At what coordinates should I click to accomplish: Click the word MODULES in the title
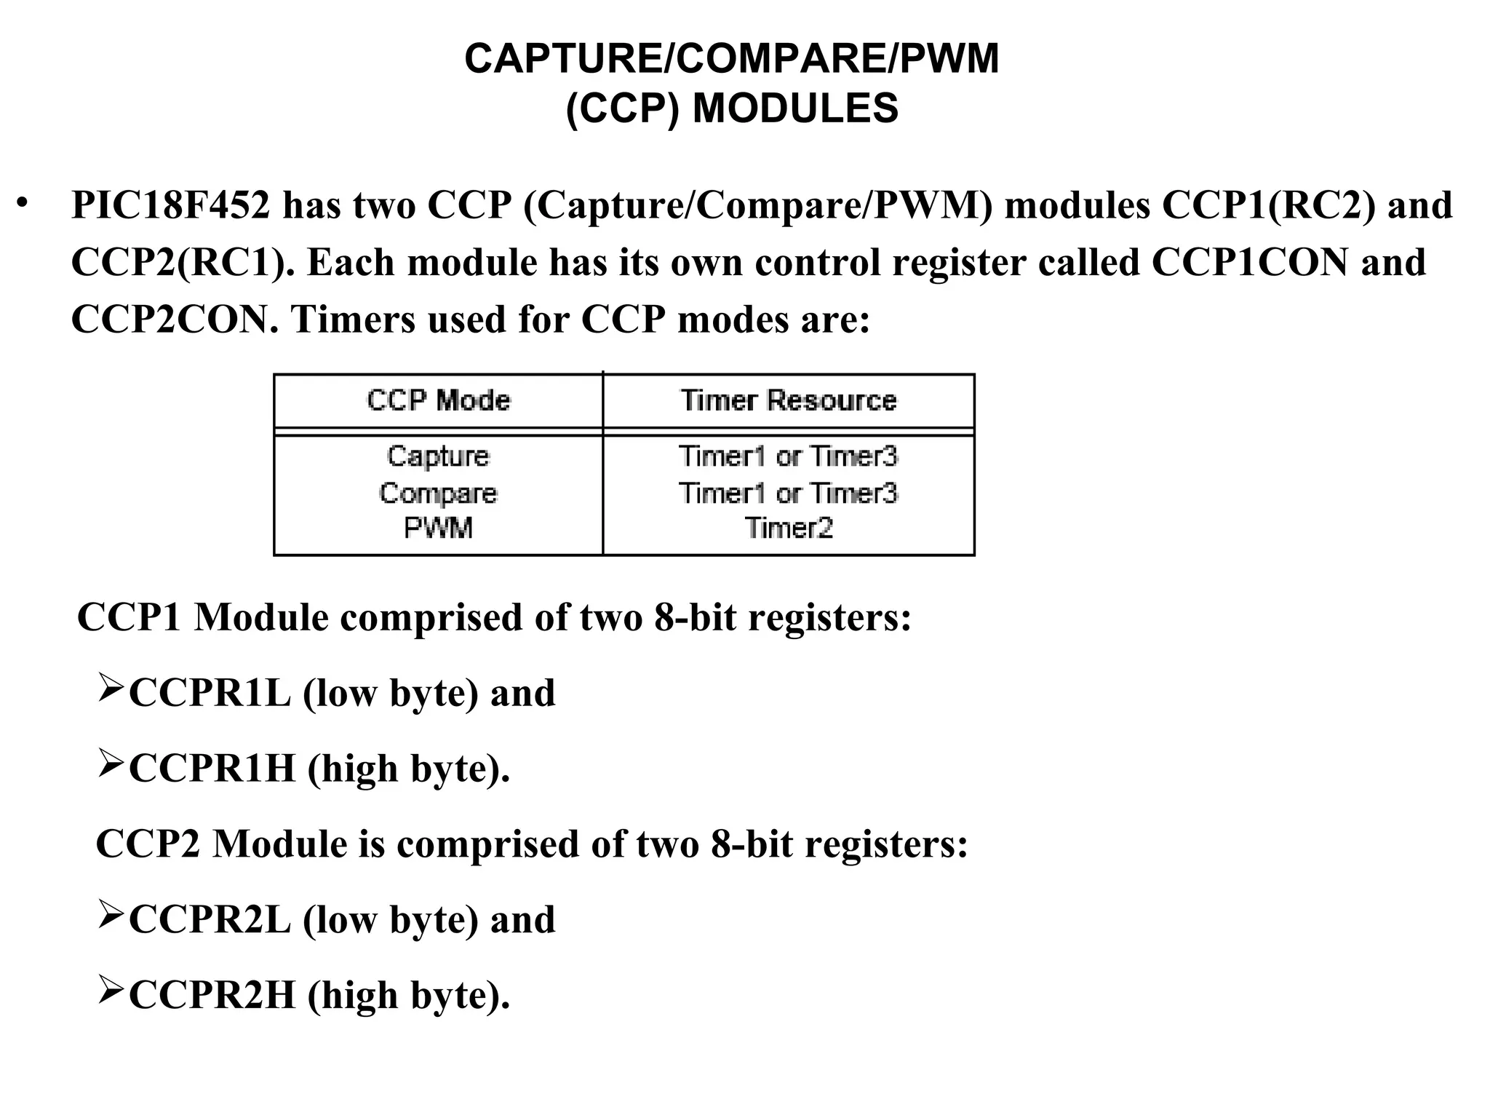795,109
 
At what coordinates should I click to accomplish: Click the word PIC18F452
170,205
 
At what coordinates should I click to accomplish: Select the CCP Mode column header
438,400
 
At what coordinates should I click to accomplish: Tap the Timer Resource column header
789,400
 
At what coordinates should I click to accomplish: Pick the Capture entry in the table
438,456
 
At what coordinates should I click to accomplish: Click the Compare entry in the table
438,493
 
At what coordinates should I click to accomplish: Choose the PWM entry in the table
438,528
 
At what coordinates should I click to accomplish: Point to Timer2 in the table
789,528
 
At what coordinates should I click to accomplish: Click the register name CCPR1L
210,693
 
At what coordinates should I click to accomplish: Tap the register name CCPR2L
210,920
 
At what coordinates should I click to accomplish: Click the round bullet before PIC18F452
23,202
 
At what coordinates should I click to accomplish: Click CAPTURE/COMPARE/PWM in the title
732,59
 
